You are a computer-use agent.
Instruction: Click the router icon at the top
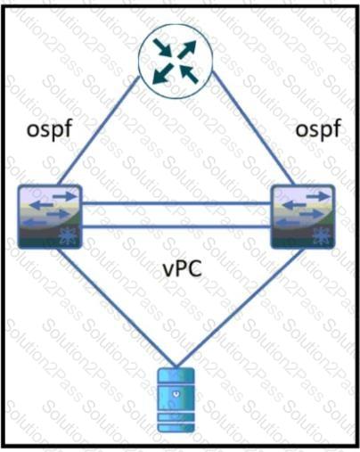point(176,62)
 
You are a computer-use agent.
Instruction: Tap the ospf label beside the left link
point(50,129)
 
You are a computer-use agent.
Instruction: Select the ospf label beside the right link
point(318,129)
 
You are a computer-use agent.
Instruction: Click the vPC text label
point(183,268)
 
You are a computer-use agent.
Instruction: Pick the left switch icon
point(50,217)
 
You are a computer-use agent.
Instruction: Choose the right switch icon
point(303,217)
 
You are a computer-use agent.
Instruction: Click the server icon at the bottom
point(176,400)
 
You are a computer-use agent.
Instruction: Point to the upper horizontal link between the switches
point(176,203)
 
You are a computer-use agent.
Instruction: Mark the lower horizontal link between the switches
point(176,227)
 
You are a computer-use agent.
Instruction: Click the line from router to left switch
point(99,130)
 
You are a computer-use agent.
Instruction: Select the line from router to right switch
point(253,127)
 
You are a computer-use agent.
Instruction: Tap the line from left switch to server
point(116,307)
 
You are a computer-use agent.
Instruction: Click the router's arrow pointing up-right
point(187,49)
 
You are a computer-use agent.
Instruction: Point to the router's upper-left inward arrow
point(162,47)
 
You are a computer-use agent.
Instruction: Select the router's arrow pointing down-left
point(162,73)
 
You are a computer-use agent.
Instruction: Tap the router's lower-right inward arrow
point(189,74)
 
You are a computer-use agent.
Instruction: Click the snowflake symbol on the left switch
point(68,236)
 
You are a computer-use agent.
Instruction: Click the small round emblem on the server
point(176,394)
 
